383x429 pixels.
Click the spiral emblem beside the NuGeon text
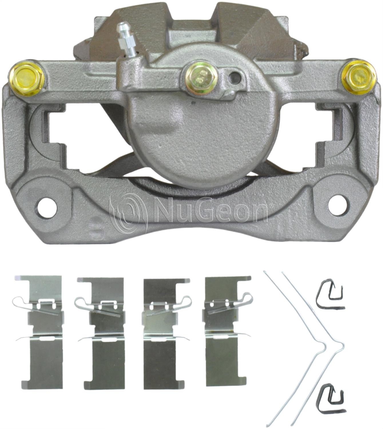coord(127,214)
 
